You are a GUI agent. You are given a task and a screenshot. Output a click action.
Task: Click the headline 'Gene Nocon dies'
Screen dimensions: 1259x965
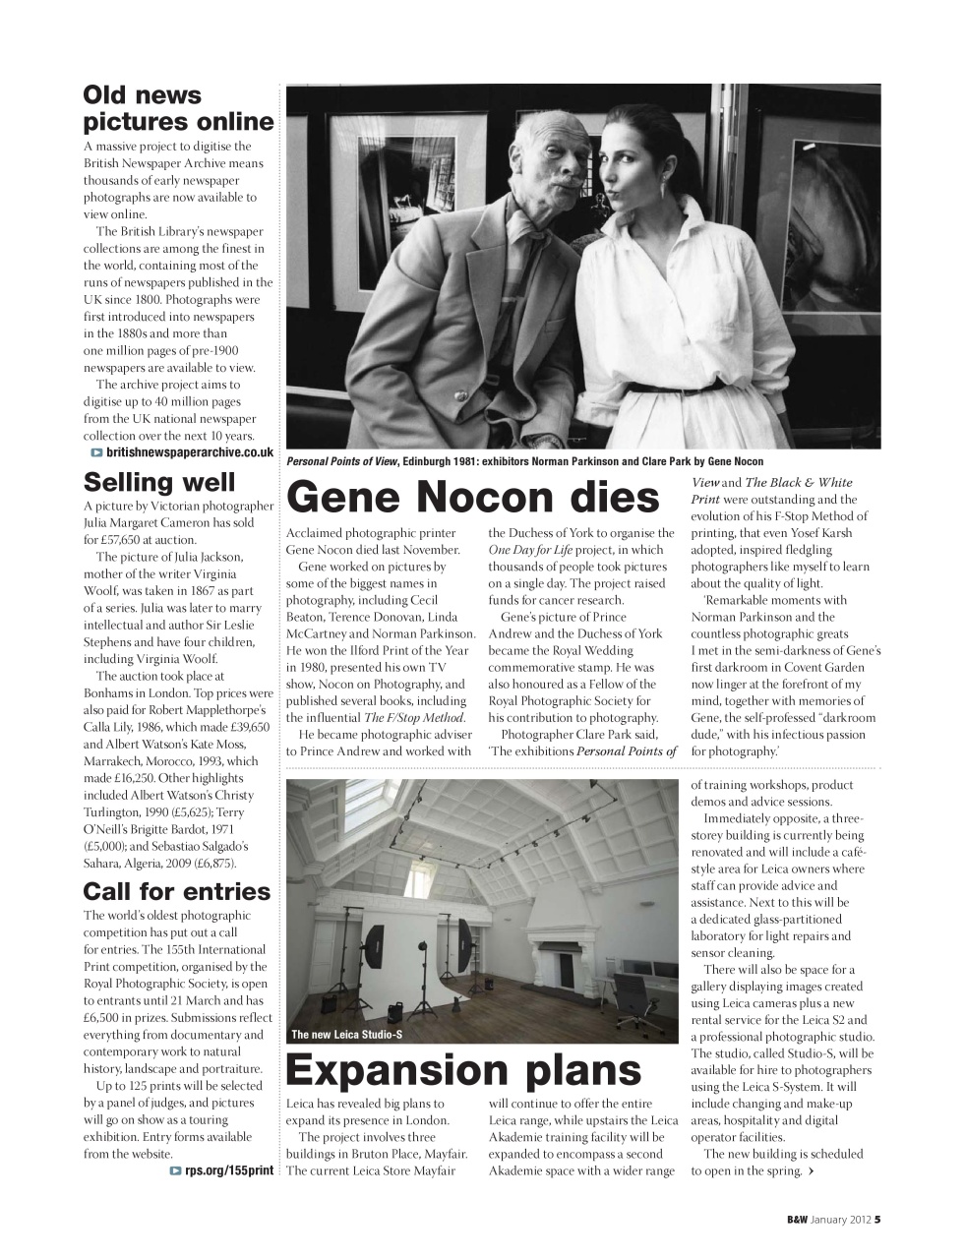pyautogui.click(x=472, y=498)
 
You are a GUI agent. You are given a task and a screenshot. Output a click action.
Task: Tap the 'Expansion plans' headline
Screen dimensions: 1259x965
pyautogui.click(x=463, y=1069)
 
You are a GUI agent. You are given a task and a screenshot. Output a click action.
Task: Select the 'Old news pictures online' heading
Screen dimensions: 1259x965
pyautogui.click(x=178, y=108)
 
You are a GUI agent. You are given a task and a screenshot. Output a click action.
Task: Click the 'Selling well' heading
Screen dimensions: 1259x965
pyautogui.click(x=159, y=482)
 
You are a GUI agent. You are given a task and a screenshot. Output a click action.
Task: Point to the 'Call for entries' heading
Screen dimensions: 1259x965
pyautogui.click(x=176, y=891)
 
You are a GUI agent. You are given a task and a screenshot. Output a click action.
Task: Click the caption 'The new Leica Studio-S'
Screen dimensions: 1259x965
pyautogui.click(x=347, y=1034)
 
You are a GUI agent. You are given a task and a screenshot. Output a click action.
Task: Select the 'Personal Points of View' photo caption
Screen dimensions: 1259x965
pyautogui.click(x=523, y=461)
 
